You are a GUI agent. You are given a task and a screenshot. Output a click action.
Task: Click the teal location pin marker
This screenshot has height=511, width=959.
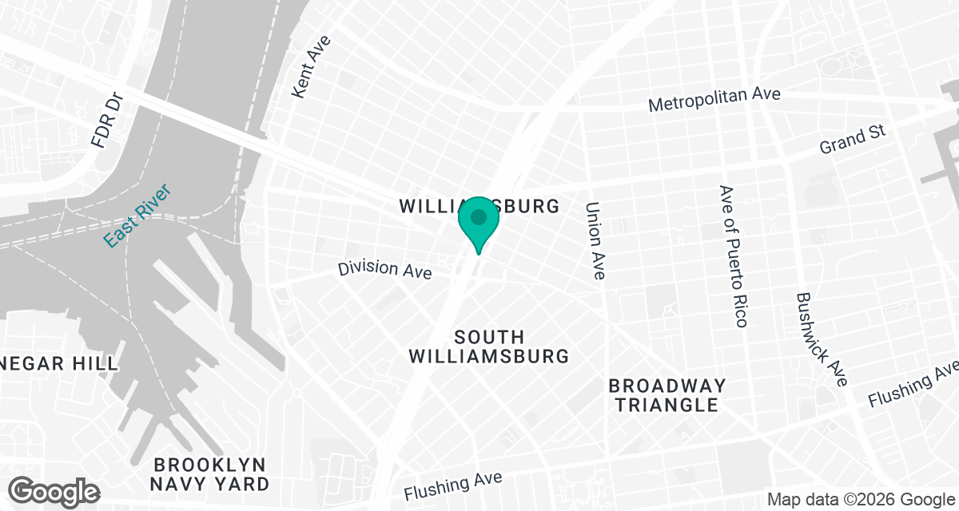479,224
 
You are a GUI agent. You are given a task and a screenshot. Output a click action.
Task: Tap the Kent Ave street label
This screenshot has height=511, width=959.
310,70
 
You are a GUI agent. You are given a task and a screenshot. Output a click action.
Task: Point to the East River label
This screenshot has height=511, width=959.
137,216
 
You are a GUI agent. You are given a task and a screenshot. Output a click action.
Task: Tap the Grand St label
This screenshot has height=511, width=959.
854,142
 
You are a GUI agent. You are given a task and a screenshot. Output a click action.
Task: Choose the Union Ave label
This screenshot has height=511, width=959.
595,240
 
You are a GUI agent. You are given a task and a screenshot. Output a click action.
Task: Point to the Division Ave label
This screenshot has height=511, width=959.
384,269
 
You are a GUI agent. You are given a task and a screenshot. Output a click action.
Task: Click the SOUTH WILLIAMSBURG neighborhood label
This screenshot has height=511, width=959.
489,347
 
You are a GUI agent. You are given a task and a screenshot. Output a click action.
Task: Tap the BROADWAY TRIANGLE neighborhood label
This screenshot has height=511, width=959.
667,395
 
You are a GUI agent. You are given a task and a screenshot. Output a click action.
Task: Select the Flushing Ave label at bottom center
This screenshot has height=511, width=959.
453,485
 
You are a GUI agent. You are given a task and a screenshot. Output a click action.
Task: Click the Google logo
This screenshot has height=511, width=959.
54,490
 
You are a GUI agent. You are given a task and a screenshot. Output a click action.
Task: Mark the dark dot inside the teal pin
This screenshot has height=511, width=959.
479,216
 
